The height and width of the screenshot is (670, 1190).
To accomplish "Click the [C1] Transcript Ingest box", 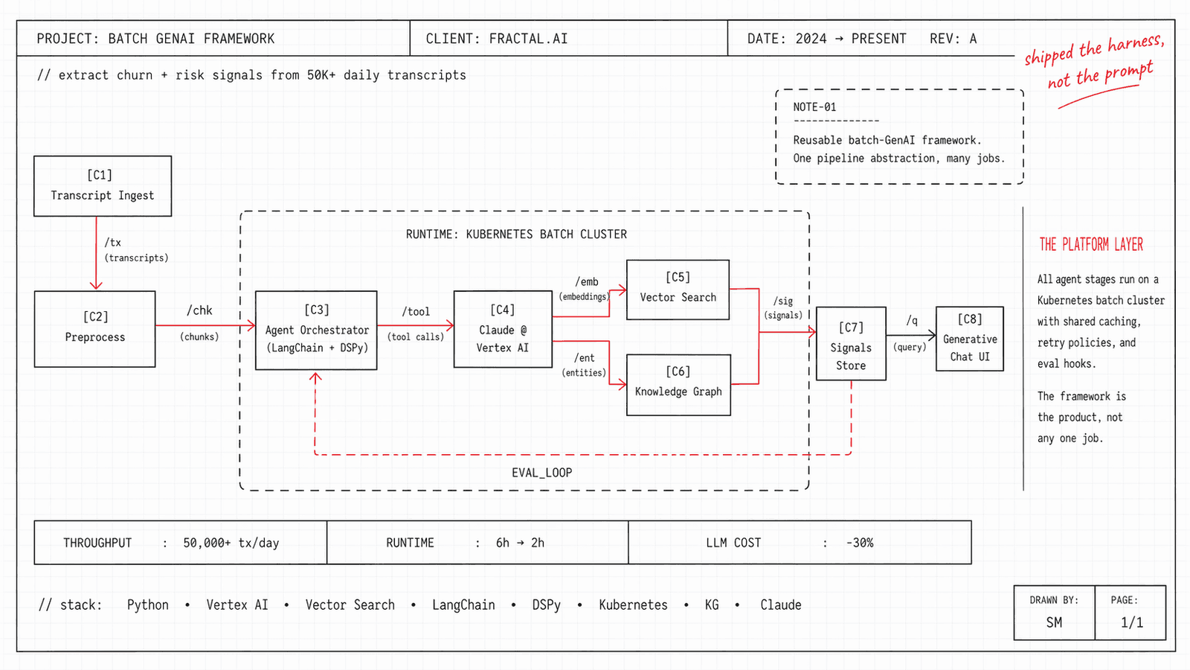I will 103,186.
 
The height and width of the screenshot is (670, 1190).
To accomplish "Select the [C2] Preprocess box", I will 94,328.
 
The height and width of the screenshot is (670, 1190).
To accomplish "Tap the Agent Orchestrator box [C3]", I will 316,330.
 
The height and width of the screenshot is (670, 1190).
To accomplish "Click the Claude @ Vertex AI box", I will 503,329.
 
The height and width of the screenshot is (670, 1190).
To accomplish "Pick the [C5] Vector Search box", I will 678,289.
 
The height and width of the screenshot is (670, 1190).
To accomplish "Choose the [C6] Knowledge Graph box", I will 678,384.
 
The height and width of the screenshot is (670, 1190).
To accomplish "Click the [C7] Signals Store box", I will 851,344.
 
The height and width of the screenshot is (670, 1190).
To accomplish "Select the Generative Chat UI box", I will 970,339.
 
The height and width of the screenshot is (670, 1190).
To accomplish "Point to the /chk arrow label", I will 199,310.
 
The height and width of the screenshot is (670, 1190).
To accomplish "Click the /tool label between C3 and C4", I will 416,312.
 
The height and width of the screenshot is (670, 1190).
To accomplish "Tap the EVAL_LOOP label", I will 541,473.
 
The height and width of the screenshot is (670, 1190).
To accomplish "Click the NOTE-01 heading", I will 814,107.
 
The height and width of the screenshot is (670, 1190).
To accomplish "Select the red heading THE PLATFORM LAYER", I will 1091,244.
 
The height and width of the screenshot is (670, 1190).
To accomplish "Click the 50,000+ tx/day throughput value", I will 231,543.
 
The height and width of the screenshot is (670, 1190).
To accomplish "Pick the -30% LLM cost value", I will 860,543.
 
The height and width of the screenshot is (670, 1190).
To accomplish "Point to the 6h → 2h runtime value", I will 520,543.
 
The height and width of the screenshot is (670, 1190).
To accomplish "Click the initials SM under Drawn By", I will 1054,622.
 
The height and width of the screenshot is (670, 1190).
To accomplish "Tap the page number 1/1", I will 1131,622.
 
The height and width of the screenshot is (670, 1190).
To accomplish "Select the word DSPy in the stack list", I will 546,605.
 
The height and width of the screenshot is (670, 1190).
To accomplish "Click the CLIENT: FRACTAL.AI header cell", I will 497,39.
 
